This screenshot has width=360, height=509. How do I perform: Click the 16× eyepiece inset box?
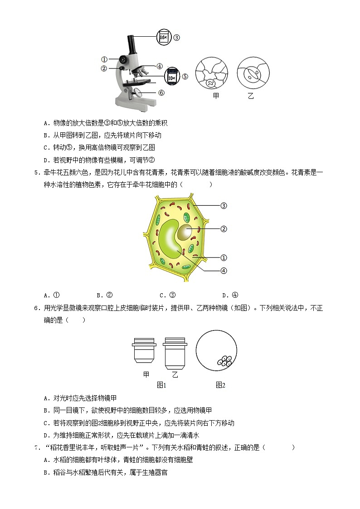(164, 37)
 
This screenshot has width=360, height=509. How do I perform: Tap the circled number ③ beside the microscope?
(177, 38)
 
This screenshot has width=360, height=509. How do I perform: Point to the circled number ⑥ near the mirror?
(161, 93)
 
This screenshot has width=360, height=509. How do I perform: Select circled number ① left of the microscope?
(104, 59)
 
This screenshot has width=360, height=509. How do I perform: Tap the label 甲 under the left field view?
(216, 97)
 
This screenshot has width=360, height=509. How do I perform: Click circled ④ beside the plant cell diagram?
(223, 271)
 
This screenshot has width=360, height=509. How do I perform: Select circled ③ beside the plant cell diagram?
(223, 205)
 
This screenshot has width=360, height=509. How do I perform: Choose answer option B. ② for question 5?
(105, 295)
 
